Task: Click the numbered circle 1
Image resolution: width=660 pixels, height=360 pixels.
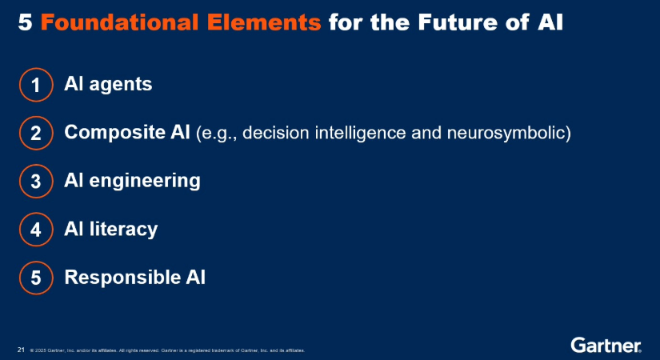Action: [x=36, y=84]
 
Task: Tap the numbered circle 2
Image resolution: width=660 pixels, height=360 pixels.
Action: [x=36, y=133]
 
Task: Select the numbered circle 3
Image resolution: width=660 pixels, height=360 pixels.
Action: [x=36, y=182]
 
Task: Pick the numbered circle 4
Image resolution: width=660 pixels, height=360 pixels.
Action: [x=36, y=230]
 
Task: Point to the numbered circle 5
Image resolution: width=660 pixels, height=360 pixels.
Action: [x=36, y=278]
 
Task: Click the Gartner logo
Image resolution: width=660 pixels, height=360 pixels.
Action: [x=606, y=345]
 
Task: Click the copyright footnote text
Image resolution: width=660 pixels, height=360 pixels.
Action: [x=167, y=350]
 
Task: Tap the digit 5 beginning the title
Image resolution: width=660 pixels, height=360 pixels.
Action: [x=25, y=22]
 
